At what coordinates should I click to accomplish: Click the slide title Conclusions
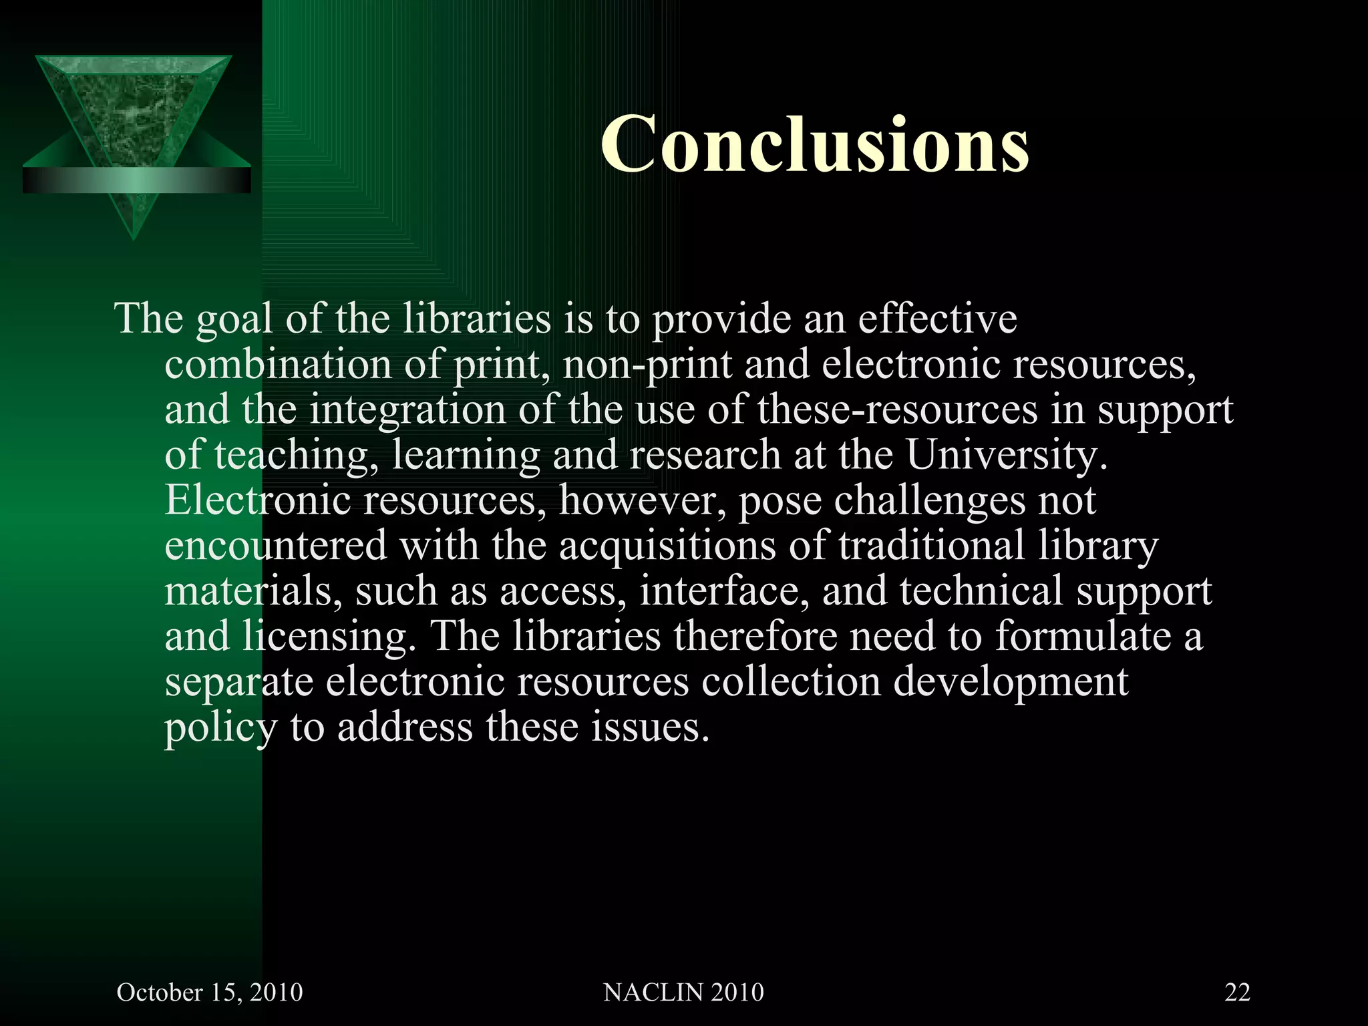pos(814,144)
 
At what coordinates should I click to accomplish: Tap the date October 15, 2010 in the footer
pos(210,992)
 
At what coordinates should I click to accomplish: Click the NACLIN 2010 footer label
pos(683,992)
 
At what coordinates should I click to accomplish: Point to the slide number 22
pos(1237,992)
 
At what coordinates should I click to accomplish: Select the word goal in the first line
pos(234,319)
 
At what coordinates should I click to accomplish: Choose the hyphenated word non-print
pos(647,366)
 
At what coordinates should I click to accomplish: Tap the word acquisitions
pos(667,546)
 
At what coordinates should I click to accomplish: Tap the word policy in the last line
pos(220,728)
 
